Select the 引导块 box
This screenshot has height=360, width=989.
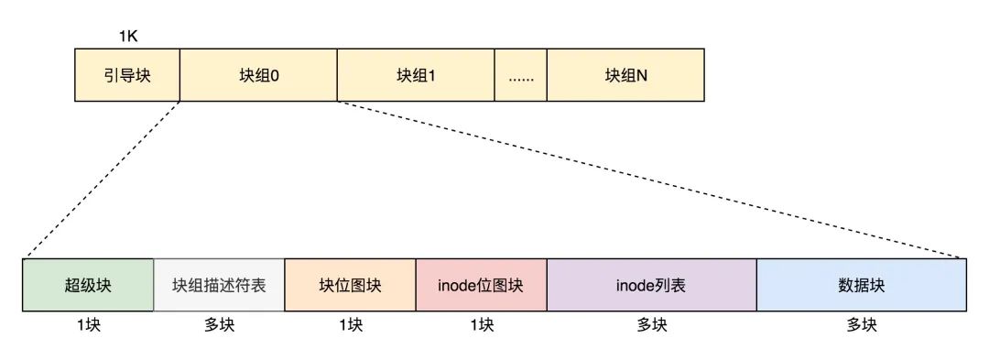point(127,74)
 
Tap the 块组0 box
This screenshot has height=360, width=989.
point(258,74)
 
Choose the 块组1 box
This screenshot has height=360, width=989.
point(416,74)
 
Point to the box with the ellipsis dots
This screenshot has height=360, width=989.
point(520,74)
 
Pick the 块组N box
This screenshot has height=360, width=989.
point(625,74)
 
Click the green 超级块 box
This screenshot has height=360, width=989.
point(88,286)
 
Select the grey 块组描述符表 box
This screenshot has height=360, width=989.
point(219,286)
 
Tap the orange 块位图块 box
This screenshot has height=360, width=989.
point(350,286)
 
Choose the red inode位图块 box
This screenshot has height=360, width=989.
point(481,286)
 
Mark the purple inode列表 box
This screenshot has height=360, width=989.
point(651,286)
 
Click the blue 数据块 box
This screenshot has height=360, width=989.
point(861,286)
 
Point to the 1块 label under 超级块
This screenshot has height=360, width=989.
point(88,324)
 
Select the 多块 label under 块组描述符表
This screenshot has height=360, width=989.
point(219,324)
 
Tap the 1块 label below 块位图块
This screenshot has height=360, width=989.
point(350,324)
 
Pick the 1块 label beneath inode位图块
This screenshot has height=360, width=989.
point(481,324)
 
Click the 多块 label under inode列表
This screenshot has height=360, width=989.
point(651,324)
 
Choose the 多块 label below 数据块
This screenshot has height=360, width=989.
point(861,324)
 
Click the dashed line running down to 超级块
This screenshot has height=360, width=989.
point(101,180)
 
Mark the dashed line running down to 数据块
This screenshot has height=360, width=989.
point(652,180)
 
